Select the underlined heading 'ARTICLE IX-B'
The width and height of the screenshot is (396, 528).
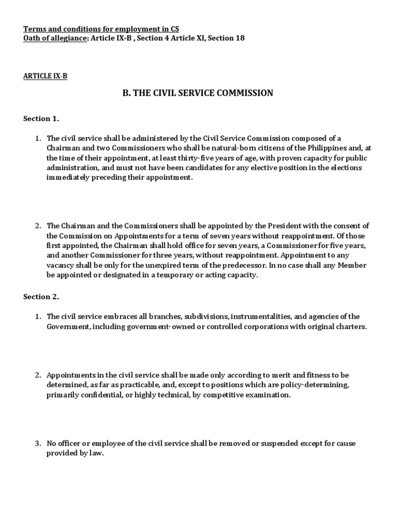[45, 76]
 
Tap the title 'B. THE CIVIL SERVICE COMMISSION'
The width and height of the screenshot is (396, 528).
[197, 93]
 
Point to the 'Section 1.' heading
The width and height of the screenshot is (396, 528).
[41, 119]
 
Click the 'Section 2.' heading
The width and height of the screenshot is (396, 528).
[41, 297]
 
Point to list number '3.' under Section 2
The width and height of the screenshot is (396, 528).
[38, 443]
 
